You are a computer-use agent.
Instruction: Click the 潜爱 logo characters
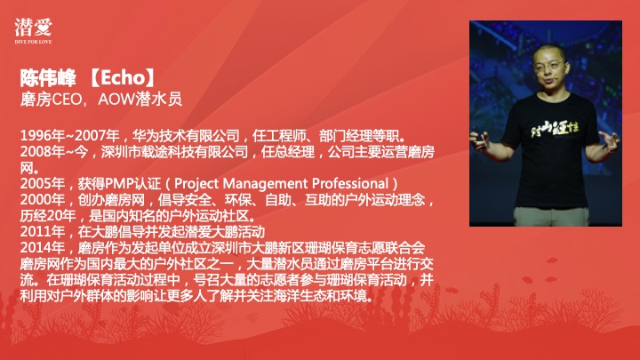tap(33, 28)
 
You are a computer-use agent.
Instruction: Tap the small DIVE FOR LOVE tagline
tap(33, 42)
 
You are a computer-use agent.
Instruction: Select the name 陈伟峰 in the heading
tap(48, 77)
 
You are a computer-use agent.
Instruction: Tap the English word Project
tap(196, 185)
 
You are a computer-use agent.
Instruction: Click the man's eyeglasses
tap(549, 65)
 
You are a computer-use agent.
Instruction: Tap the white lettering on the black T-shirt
tap(555, 129)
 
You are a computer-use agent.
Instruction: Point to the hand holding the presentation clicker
tap(481, 139)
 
